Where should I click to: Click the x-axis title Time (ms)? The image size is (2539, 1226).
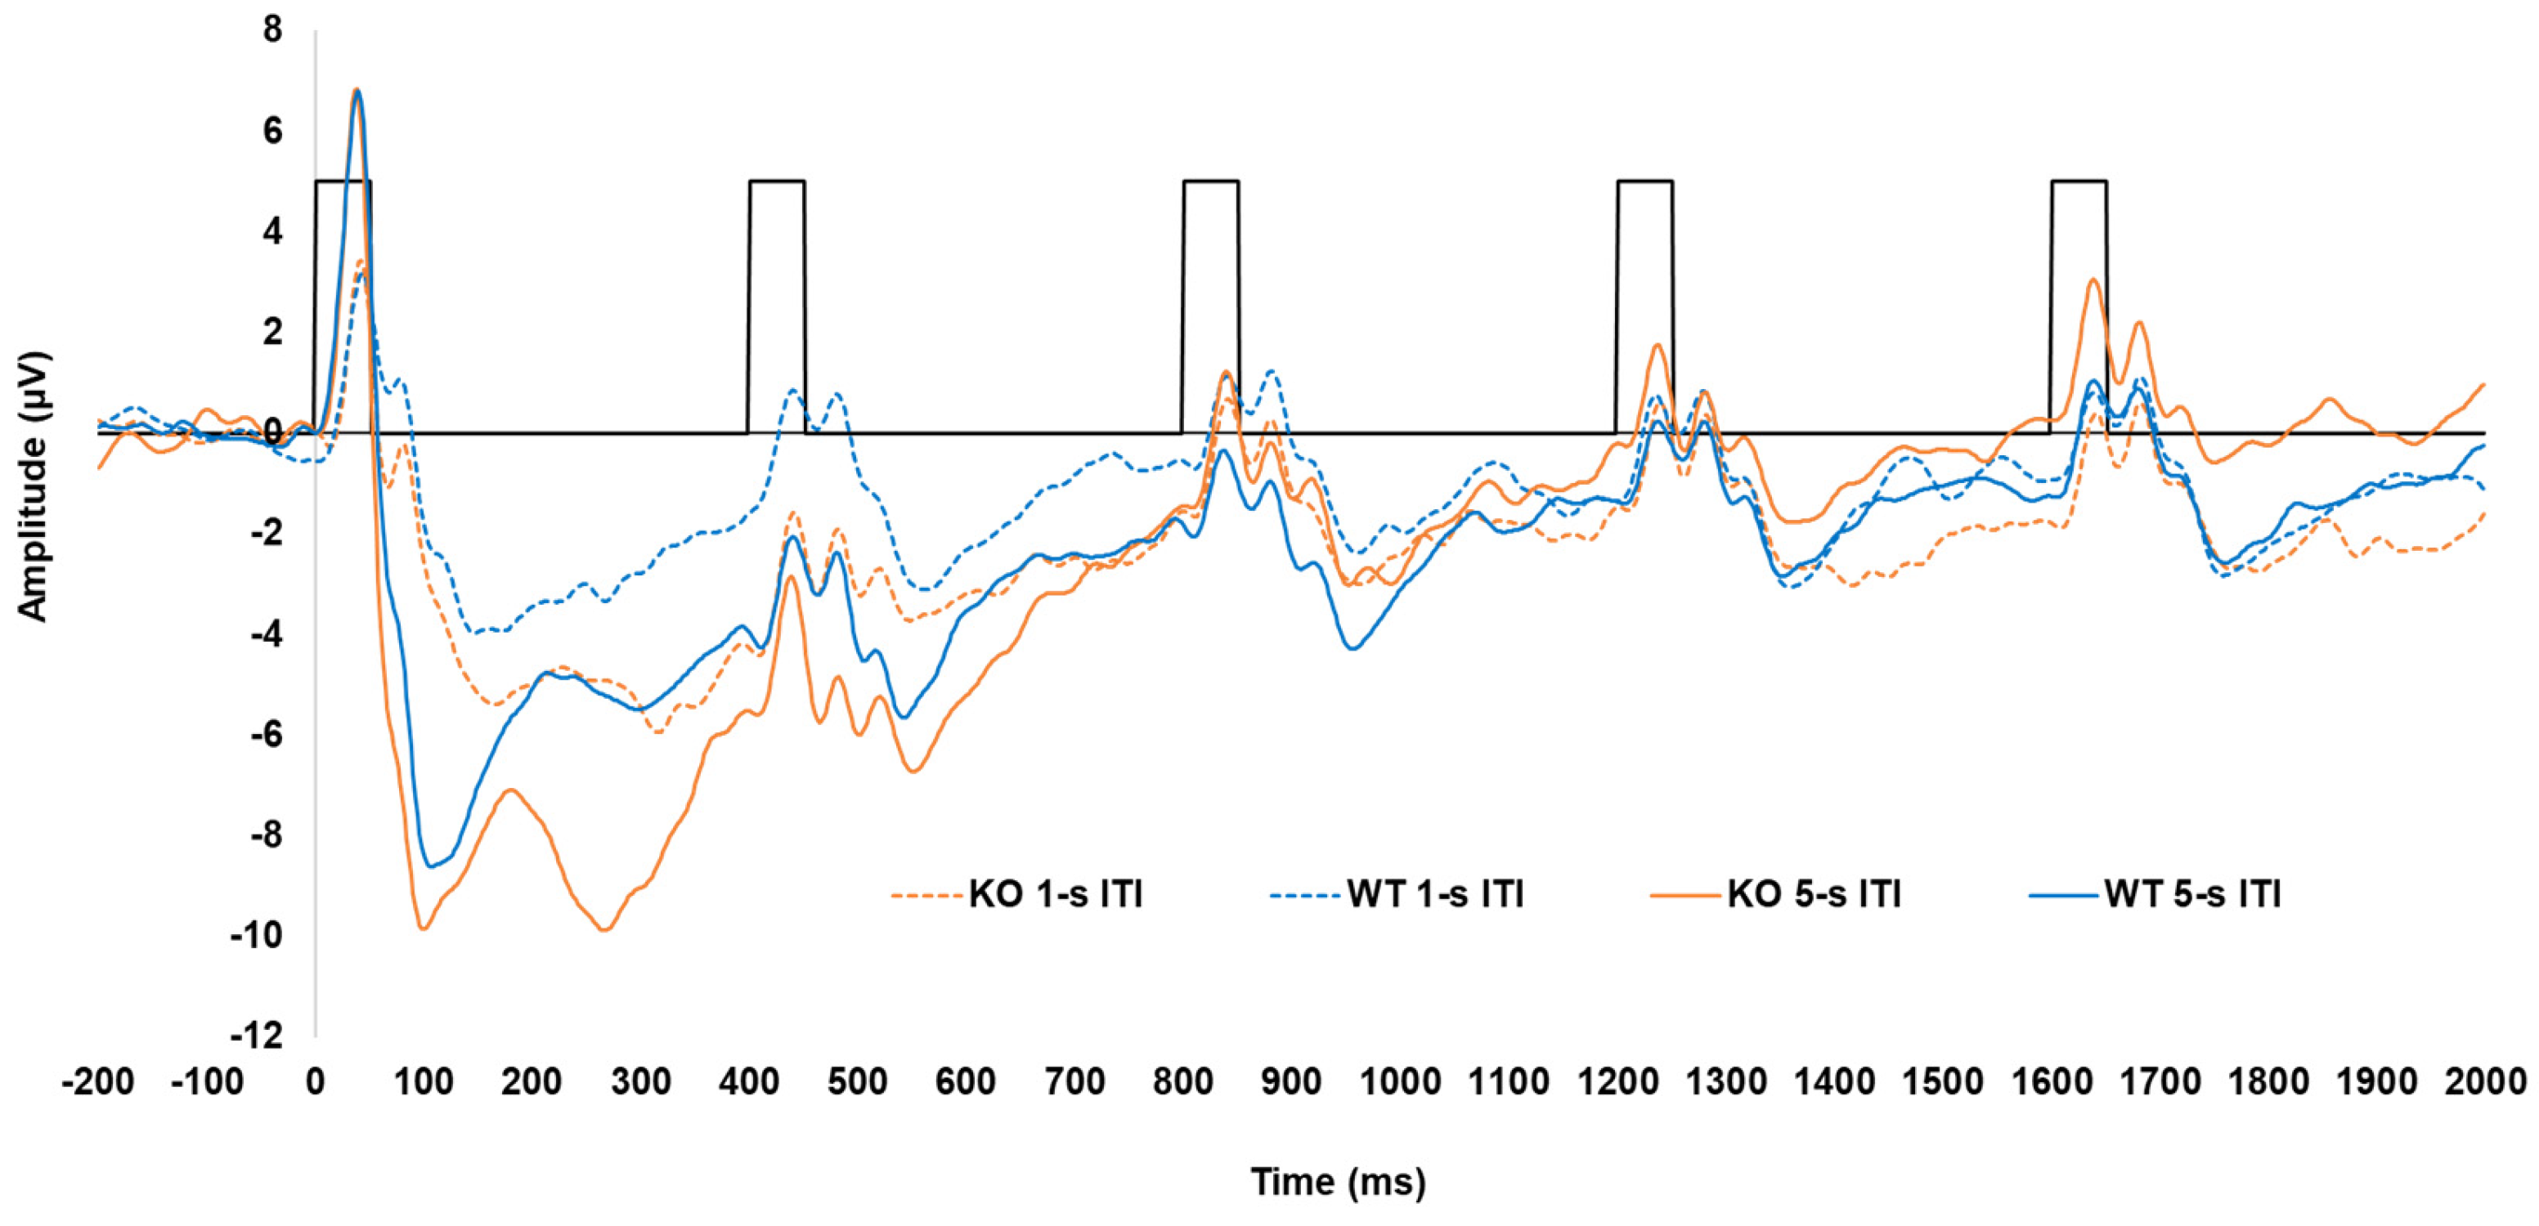pos(1338,1181)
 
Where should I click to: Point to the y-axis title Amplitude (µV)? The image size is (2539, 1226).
pos(33,485)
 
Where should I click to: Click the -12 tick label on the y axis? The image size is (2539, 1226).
pos(255,1036)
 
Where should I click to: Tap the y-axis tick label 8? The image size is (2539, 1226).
pos(271,29)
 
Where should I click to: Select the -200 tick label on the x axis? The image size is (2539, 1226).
pos(97,1082)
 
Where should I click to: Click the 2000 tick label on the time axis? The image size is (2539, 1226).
pos(2485,1082)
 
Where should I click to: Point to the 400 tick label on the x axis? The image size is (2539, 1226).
pos(749,1082)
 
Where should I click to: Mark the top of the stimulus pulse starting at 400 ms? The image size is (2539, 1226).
pos(777,181)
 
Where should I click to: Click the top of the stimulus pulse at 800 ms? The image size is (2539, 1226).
pos(1210,181)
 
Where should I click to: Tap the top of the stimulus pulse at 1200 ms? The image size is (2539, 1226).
pos(1644,181)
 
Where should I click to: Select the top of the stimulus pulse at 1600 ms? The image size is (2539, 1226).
pos(2079,181)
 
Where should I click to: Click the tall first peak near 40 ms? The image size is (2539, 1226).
pos(357,91)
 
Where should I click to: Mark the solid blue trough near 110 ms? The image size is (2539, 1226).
pos(431,866)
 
